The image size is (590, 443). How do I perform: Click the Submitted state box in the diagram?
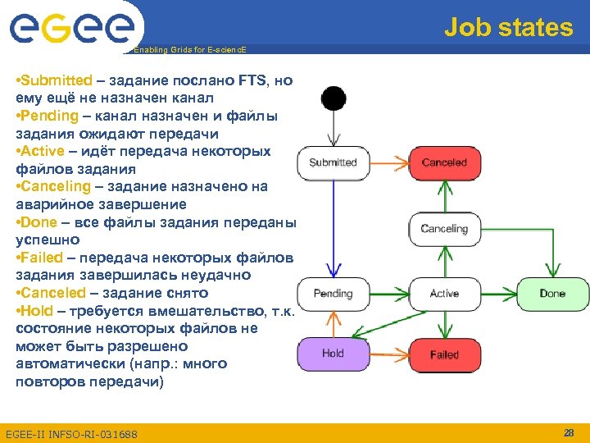333,162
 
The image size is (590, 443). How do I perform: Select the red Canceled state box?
444,162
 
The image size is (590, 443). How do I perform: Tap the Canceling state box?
444,229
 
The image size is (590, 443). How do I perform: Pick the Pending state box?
333,294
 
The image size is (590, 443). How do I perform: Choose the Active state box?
444,294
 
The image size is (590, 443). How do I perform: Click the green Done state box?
552,294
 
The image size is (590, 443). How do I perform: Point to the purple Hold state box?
333,354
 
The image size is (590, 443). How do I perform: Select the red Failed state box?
444,354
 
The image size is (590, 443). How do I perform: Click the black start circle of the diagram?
334,98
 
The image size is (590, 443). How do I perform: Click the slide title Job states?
508,28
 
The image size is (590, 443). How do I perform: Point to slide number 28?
569,432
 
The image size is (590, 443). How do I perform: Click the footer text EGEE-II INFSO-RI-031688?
71,433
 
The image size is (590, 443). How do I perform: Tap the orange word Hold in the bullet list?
37,310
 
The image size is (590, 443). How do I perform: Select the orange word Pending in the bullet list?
49,116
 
